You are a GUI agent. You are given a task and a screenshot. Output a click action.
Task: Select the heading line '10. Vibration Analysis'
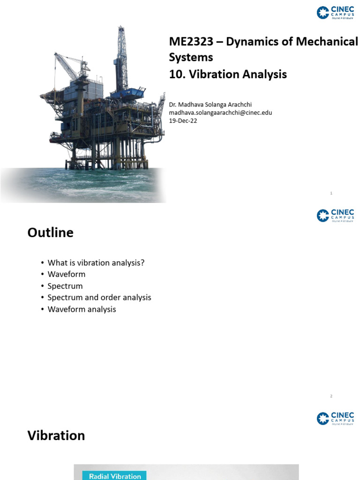228,74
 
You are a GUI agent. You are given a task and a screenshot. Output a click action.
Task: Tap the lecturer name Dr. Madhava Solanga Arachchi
214,105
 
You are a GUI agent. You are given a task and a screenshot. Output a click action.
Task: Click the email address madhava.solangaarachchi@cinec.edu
220,112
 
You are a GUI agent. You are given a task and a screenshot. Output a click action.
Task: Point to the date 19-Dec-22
183,120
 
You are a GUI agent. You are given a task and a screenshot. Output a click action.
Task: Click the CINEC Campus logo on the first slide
336,13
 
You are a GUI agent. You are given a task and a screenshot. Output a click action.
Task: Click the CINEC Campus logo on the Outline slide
336,215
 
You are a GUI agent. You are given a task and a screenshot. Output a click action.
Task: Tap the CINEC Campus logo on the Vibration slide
336,418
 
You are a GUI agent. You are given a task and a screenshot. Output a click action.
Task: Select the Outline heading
51,232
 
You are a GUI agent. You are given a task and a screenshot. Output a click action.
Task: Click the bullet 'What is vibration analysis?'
96,262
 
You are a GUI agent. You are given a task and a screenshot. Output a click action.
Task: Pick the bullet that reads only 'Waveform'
67,274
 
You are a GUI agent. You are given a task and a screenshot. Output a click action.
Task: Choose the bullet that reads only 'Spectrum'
65,286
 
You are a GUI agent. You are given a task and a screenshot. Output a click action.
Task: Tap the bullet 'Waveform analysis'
82,309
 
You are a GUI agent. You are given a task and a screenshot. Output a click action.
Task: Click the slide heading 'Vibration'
56,435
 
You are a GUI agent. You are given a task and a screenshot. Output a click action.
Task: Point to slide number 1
331,193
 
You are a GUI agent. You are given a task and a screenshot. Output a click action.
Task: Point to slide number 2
331,396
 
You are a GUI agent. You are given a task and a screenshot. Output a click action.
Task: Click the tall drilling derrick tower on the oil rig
122,56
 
